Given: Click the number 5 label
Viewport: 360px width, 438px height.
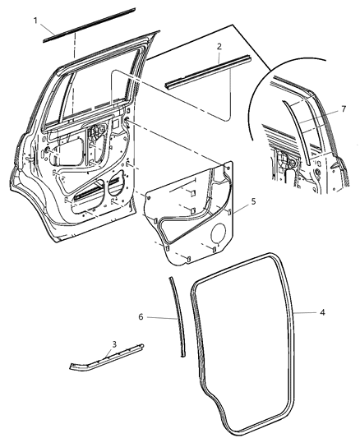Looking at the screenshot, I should click(253, 200).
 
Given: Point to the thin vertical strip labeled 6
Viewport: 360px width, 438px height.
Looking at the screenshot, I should click(175, 316).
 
